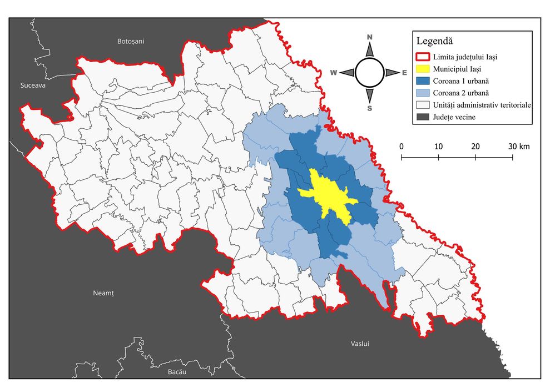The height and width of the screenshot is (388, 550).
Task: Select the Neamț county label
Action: pos(103,293)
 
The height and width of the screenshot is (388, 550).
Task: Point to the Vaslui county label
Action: pos(360,344)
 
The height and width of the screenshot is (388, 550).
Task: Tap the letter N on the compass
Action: pos(370,37)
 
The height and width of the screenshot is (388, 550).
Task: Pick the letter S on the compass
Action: pos(370,108)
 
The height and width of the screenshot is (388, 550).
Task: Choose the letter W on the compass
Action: pos(334,73)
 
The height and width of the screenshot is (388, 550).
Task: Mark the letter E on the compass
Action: pos(404,73)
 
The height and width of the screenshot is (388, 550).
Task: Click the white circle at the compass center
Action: pos(369,73)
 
